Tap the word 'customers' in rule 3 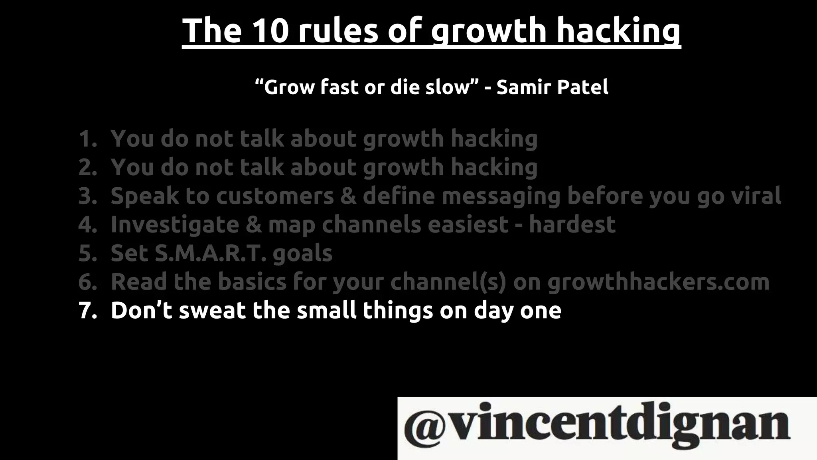click(275, 196)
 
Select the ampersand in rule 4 click(253, 224)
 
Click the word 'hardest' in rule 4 click(572, 224)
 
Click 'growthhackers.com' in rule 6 click(658, 282)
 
